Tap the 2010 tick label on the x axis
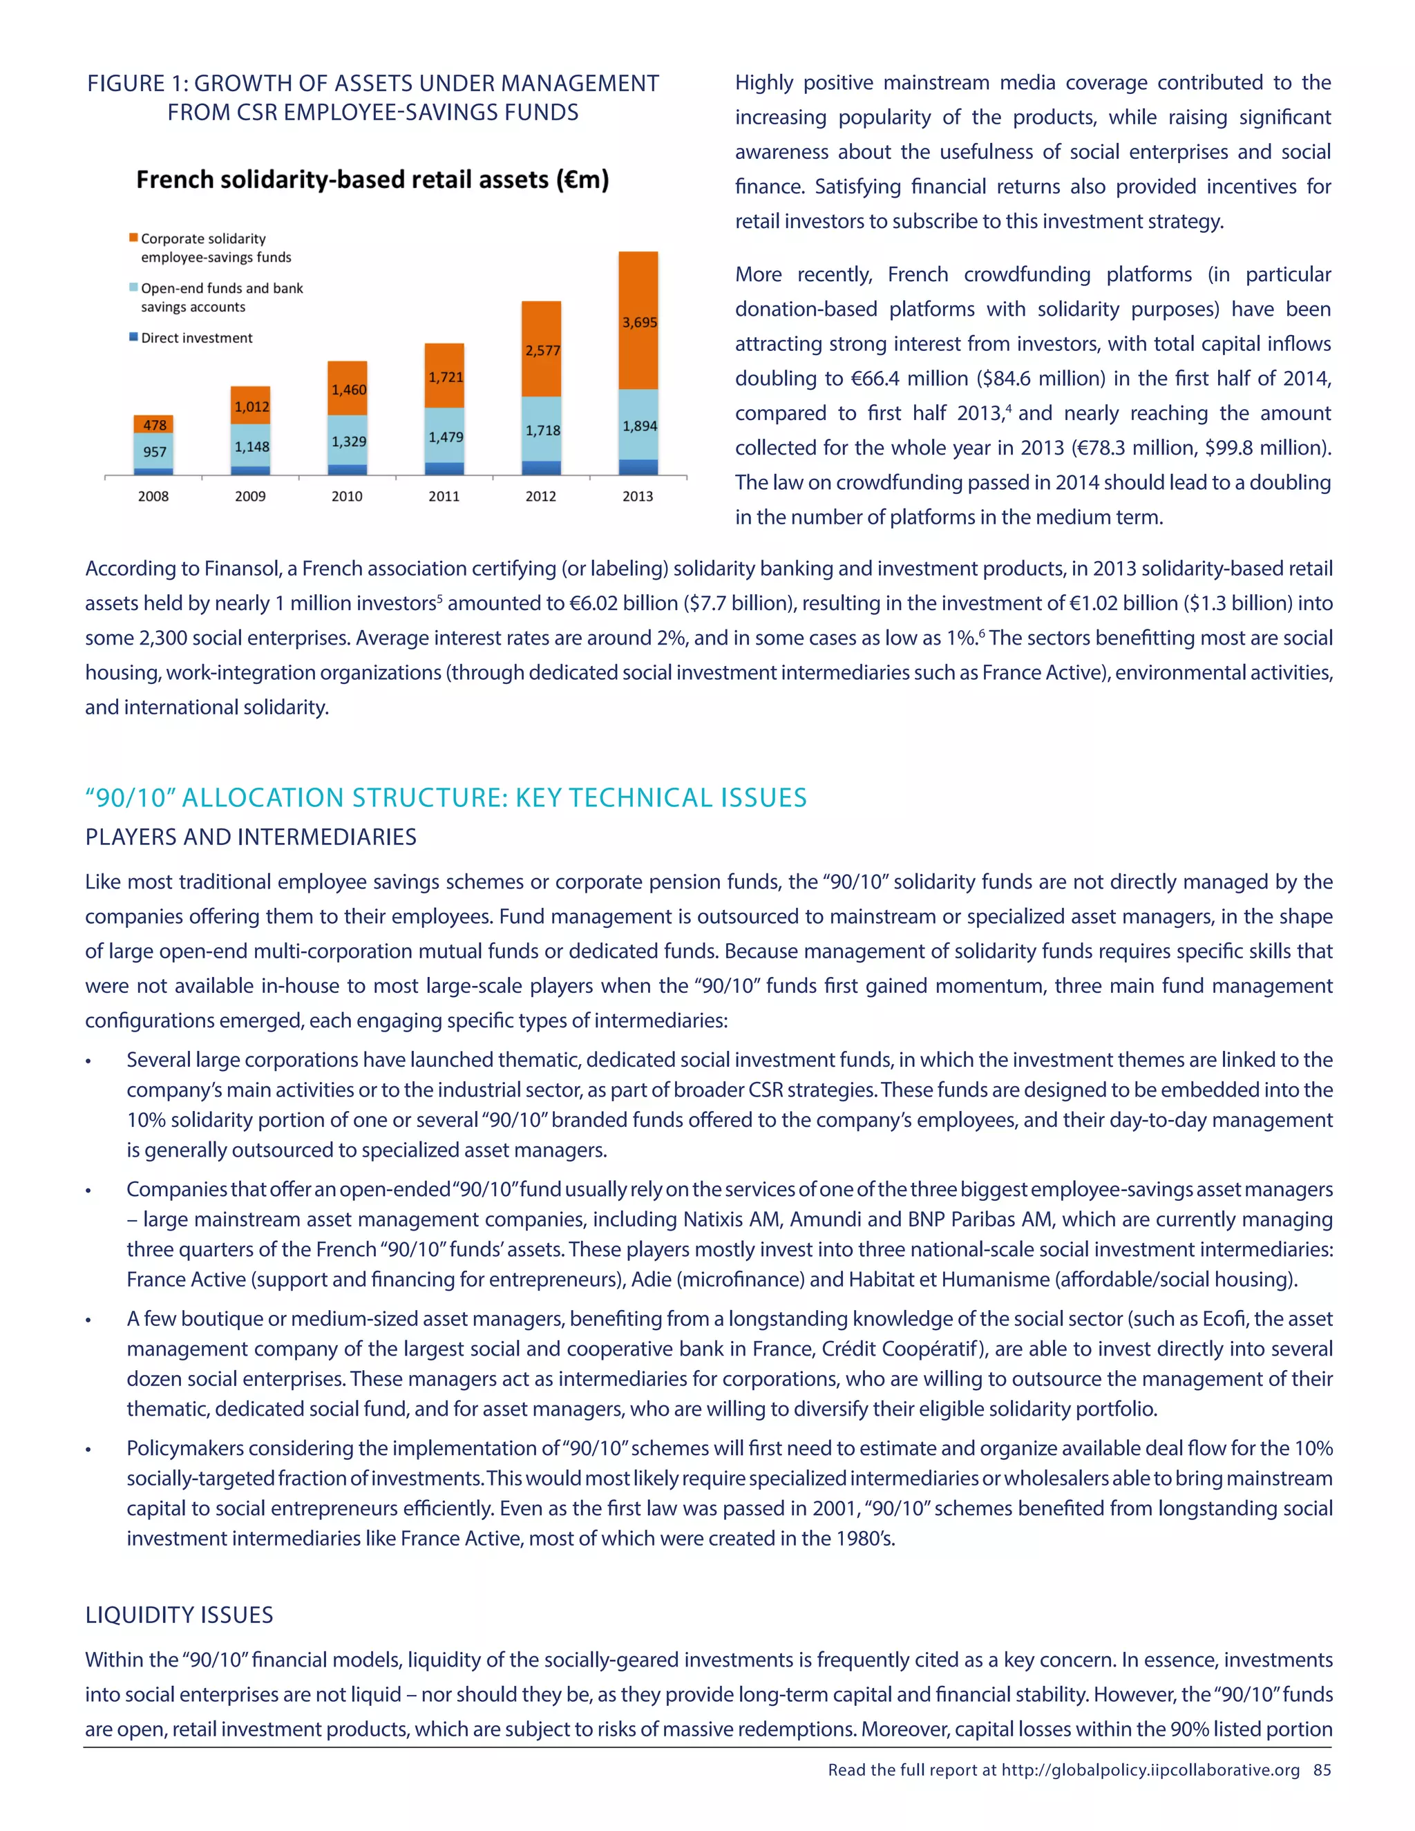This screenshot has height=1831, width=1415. click(x=347, y=496)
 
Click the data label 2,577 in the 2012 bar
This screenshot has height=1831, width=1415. click(x=542, y=350)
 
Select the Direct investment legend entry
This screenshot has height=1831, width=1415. click(x=196, y=338)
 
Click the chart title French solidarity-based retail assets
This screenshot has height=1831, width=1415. click(x=372, y=180)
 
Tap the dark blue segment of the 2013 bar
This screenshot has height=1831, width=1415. click(x=638, y=467)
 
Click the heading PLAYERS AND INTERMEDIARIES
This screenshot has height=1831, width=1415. click(x=251, y=837)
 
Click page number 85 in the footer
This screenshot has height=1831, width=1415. click(x=1322, y=1770)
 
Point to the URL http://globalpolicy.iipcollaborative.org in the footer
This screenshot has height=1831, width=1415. click(x=1150, y=1770)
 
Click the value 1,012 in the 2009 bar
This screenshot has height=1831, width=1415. click(x=251, y=406)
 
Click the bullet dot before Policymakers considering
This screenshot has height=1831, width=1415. click(x=88, y=1450)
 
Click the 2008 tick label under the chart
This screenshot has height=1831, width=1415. click(x=153, y=496)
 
